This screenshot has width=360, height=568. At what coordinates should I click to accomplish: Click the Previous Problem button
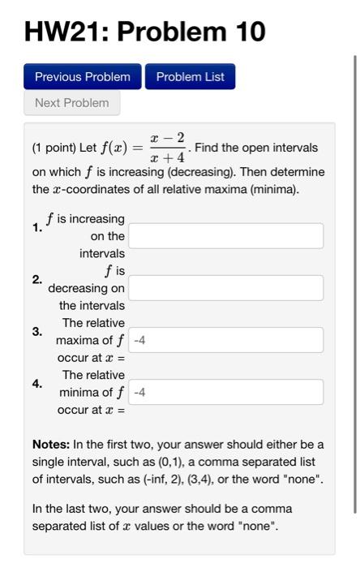coord(82,77)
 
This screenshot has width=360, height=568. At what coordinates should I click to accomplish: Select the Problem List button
coord(190,77)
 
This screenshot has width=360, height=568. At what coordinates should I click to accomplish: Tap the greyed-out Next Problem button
coord(71,103)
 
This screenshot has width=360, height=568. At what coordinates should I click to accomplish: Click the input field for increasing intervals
coord(225,236)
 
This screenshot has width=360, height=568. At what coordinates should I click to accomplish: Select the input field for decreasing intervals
coord(225,288)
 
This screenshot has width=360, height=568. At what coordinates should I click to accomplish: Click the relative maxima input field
coord(225,340)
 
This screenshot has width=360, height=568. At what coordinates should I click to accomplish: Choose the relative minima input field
coord(225,392)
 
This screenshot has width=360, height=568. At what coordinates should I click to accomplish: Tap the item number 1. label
coord(37,228)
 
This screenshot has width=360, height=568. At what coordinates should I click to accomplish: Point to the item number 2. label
coord(37,279)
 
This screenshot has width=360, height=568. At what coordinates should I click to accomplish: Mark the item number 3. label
coord(37,331)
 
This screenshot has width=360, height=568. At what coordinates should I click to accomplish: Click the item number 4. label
coord(37,383)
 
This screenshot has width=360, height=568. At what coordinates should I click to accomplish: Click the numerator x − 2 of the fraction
coord(168,139)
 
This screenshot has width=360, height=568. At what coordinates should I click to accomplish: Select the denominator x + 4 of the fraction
coord(168,157)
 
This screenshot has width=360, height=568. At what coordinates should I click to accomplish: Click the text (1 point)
coord(54,148)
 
